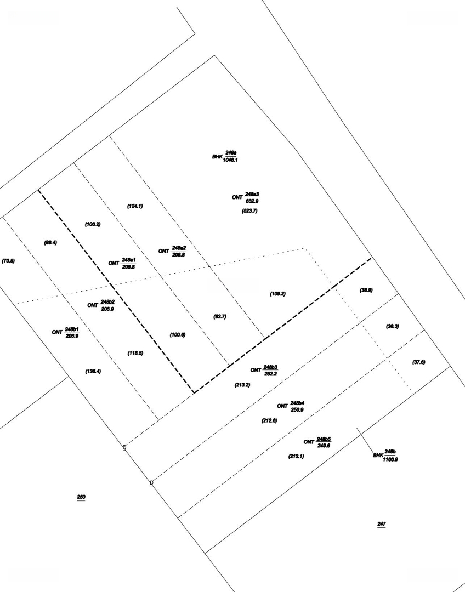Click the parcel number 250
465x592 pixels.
(81, 497)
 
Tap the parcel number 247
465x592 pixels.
(382, 525)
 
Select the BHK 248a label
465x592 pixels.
(225, 156)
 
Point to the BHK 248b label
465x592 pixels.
(385, 456)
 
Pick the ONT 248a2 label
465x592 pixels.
(172, 251)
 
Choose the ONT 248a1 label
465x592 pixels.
(122, 263)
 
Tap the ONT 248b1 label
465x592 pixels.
(66, 332)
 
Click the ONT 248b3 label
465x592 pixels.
(264, 370)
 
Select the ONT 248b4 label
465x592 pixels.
(291, 406)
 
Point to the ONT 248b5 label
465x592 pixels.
(317, 442)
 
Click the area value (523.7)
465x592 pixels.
(249, 210)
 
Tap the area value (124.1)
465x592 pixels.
(135, 206)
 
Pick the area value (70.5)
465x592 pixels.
(8, 260)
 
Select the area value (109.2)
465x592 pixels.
(277, 294)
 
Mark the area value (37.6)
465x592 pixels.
(419, 362)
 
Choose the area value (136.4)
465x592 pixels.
(93, 371)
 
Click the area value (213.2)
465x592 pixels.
(242, 385)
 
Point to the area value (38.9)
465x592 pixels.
(366, 290)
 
